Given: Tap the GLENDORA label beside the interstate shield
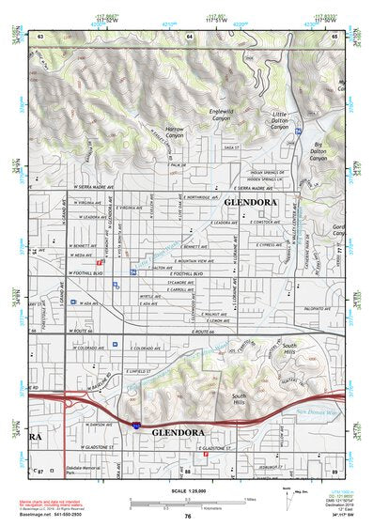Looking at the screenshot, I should tap(177, 432).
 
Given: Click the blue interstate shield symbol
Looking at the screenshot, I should tap(137, 426).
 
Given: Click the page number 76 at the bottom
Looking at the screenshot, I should tap(188, 516).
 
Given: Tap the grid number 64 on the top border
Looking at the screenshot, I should tap(190, 36).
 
